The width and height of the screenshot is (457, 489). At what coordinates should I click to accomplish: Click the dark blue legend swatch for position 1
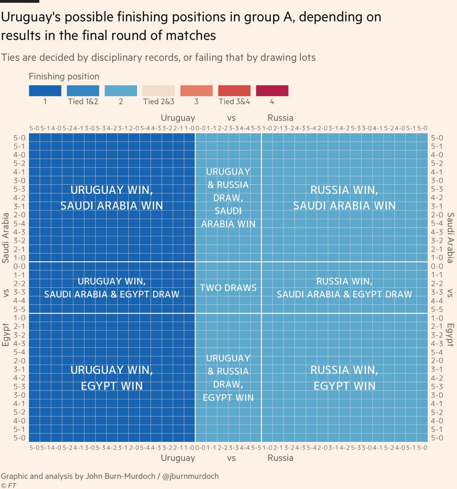(45, 91)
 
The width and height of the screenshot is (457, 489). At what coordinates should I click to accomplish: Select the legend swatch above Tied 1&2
(83, 91)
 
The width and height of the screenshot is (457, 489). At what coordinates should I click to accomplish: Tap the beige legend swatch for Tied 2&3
(158, 91)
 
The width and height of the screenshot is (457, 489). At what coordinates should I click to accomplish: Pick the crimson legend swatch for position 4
(272, 91)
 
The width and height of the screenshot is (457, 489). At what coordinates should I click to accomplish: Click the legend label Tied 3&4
(234, 102)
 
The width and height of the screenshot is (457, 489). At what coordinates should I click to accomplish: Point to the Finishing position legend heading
(64, 77)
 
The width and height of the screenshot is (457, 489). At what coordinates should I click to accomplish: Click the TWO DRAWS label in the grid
(228, 288)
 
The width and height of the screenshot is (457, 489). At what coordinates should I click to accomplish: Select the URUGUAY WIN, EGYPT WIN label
(112, 378)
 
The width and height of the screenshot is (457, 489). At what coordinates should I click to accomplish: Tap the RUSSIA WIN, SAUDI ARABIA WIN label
(344, 198)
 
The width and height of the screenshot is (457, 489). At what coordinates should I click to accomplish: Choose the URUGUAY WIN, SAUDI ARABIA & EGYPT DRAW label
(112, 288)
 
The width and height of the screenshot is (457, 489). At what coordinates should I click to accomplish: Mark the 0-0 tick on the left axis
(19, 266)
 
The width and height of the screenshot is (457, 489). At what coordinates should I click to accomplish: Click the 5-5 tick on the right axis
(437, 309)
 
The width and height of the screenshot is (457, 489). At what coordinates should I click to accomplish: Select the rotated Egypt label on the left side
(6, 335)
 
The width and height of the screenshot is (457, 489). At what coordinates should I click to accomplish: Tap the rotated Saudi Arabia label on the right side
(450, 238)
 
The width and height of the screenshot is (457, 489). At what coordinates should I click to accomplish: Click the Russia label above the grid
(280, 118)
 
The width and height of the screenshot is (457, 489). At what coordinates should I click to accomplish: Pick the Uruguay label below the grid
(178, 458)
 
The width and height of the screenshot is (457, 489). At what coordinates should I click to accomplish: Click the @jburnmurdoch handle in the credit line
(190, 476)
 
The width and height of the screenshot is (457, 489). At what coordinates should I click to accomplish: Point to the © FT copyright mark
(8, 486)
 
